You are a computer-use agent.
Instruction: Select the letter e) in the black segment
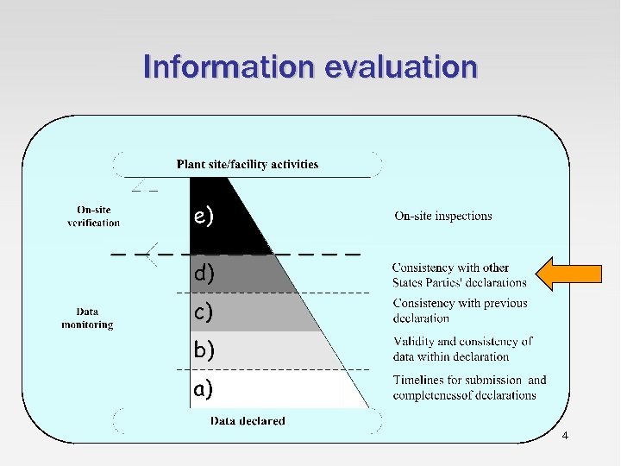point(204,217)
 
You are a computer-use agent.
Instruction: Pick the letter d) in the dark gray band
point(204,274)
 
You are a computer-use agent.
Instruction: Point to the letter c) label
point(204,312)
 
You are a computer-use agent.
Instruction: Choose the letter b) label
point(204,349)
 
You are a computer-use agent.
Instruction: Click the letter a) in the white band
point(204,389)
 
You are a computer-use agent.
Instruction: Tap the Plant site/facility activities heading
point(248,164)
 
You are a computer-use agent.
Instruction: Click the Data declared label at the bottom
point(248,421)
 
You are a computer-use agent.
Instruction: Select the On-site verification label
point(93,216)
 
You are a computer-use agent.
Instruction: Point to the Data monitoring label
point(87,318)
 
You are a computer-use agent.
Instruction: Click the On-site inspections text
point(443,216)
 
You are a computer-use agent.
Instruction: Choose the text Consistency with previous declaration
point(460,311)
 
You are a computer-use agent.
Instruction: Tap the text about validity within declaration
point(462,349)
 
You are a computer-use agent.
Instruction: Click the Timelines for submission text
point(469,387)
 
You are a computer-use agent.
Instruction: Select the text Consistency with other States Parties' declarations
point(459,275)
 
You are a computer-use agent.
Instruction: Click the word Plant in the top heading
point(191,164)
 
